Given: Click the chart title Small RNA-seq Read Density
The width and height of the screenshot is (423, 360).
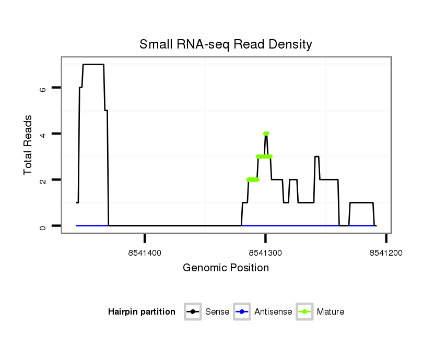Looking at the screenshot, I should tap(226, 44).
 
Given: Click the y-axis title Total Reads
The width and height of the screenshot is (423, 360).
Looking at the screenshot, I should tap(29, 145).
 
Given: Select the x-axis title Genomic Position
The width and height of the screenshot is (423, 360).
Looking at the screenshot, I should tap(226, 268).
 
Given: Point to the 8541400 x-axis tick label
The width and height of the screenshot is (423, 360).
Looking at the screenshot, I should tap(145, 253).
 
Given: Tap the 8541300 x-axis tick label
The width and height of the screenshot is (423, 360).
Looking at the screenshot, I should tap(265, 253).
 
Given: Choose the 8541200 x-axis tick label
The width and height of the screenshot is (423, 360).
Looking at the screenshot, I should tap(386, 253).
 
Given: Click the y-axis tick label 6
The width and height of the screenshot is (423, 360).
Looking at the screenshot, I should tap(43, 88).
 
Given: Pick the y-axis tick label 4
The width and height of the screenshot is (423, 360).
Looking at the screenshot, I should tap(43, 134).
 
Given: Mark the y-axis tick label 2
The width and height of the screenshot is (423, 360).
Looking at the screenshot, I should tap(43, 180).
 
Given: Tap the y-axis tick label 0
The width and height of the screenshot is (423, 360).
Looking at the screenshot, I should tap(43, 226).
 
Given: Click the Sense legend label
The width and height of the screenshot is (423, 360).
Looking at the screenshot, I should tap(217, 312).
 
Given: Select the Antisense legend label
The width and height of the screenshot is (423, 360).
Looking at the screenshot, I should tap(273, 312).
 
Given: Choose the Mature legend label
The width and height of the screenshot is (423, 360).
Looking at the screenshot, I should tap(331, 312).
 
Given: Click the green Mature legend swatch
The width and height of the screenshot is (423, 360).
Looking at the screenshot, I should tap(304, 312).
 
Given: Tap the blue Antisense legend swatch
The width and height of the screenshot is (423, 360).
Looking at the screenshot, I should tap(242, 312).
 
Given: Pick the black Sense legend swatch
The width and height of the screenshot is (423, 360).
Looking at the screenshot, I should tap(193, 312).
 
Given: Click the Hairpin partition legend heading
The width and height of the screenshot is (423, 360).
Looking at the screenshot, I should tap(142, 312).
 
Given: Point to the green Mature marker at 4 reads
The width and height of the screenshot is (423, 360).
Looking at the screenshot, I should tap(266, 134).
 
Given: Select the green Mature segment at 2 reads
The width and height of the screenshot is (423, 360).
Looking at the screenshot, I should tap(253, 179).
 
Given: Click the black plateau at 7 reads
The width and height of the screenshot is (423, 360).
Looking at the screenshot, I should tap(93, 64).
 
